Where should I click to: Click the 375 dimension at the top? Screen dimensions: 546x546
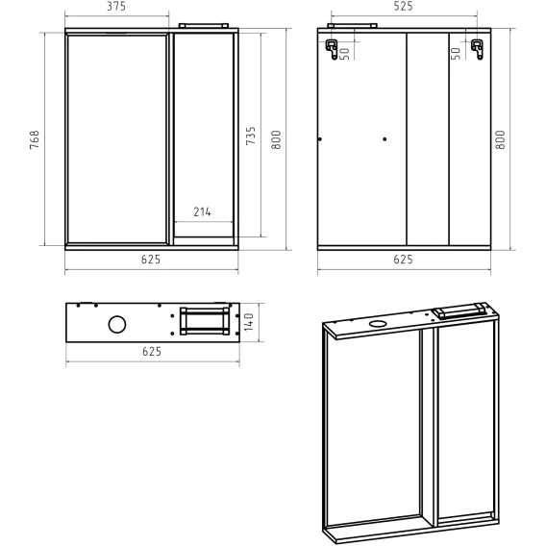[x=116, y=7]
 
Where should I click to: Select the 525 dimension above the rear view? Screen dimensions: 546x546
[x=403, y=7]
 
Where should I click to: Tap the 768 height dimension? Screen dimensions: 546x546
[x=35, y=140]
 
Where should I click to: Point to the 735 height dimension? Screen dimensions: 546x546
[x=251, y=136]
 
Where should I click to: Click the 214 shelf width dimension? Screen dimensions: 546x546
[x=202, y=211]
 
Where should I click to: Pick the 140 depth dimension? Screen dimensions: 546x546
[x=249, y=322]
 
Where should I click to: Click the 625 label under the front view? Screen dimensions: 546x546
[x=151, y=260]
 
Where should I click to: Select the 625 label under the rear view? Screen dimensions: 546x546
[x=403, y=260]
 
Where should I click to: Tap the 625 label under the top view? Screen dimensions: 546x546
[x=152, y=352]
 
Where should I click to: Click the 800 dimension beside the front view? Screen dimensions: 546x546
[x=276, y=139]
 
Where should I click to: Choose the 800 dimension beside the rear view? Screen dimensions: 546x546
[x=501, y=139]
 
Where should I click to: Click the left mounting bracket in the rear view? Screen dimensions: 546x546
[x=332, y=49]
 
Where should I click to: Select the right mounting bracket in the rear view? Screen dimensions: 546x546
[x=477, y=49]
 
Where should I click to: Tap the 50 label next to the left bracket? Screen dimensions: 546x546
[x=345, y=54]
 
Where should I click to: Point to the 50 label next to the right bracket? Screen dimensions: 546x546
[x=456, y=54]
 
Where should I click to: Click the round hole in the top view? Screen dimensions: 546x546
[x=117, y=325]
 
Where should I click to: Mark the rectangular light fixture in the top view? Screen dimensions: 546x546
[x=205, y=321]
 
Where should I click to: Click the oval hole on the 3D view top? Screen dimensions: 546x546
[x=377, y=324]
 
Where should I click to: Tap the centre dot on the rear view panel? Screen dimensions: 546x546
[x=385, y=139]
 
